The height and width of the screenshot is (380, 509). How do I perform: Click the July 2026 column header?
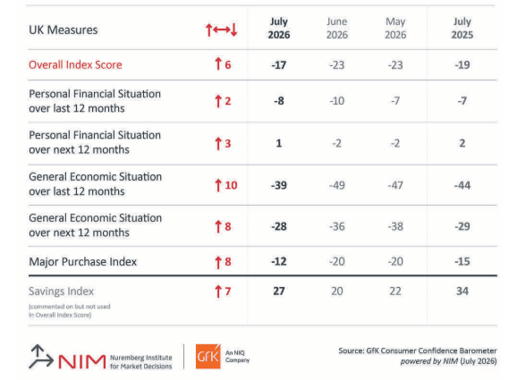click(x=279, y=29)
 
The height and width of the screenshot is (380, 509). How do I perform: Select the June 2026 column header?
click(x=337, y=29)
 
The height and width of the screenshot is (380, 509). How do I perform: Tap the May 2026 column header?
click(x=395, y=29)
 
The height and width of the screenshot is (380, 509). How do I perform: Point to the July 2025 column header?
click(x=462, y=29)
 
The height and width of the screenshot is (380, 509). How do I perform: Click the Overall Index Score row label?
click(x=75, y=65)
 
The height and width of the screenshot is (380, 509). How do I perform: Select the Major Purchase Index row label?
click(x=83, y=262)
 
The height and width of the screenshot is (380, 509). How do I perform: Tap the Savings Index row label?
click(x=62, y=291)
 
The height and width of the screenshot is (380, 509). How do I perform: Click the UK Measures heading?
click(x=64, y=30)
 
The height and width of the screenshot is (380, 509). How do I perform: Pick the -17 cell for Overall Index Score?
click(x=279, y=65)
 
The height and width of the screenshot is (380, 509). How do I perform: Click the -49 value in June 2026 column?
click(x=337, y=185)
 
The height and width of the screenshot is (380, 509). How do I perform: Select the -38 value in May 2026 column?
click(x=395, y=226)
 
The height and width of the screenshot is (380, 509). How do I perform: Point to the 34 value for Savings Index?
click(x=462, y=291)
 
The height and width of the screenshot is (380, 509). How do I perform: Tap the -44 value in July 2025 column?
click(x=462, y=185)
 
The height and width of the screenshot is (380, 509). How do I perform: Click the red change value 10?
click(x=231, y=185)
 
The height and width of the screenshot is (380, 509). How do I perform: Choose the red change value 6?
click(x=228, y=65)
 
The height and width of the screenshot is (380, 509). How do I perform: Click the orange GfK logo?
click(x=208, y=357)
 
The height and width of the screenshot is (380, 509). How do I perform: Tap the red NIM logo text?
click(x=81, y=361)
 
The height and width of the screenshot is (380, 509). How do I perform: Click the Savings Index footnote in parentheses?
click(x=70, y=310)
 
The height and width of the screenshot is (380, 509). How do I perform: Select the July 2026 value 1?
click(x=279, y=143)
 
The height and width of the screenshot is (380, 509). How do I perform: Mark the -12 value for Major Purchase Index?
click(x=279, y=262)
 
